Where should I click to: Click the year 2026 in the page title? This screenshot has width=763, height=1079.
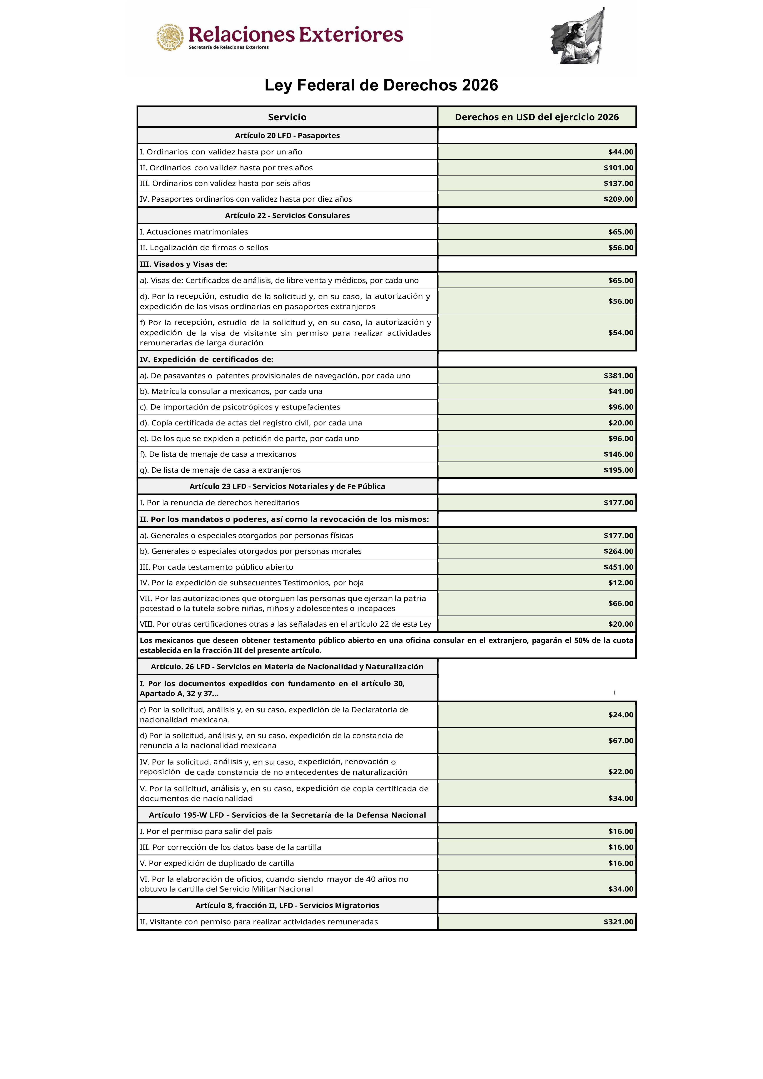480,85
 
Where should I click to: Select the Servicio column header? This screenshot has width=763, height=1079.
287,117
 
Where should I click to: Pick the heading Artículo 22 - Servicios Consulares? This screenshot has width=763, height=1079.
287,215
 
